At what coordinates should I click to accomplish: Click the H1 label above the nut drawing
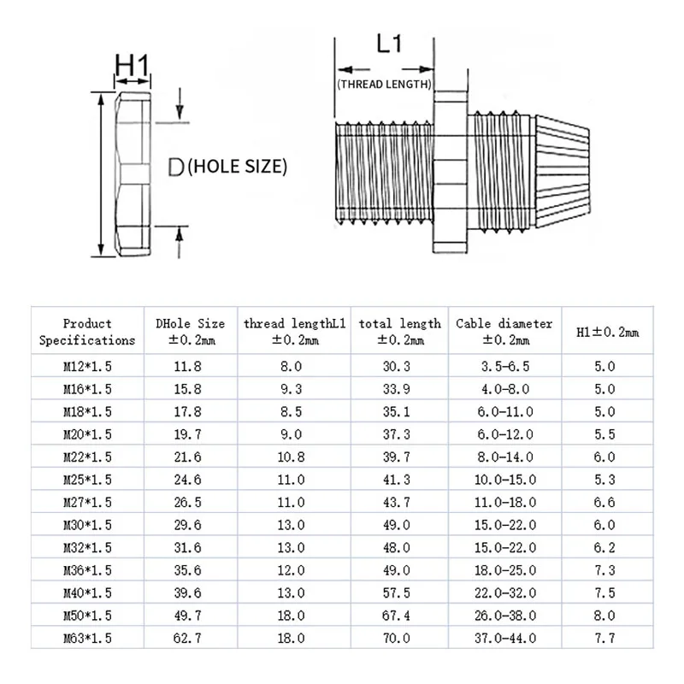pos(133,65)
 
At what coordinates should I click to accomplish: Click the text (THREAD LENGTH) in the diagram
pos(384,84)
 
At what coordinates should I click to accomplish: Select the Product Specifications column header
pos(87,332)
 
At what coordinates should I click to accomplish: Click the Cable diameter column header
pos(504,332)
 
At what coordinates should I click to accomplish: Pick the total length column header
pos(399,332)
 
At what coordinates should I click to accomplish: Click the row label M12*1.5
pos(87,367)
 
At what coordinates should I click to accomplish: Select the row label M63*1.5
pos(87,638)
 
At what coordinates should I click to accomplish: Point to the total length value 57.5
pos(399,593)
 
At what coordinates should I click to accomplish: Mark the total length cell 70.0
pos(399,638)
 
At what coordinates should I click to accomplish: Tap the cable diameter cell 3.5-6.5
pos(504,367)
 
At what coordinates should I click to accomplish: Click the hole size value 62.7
pos(189,638)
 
